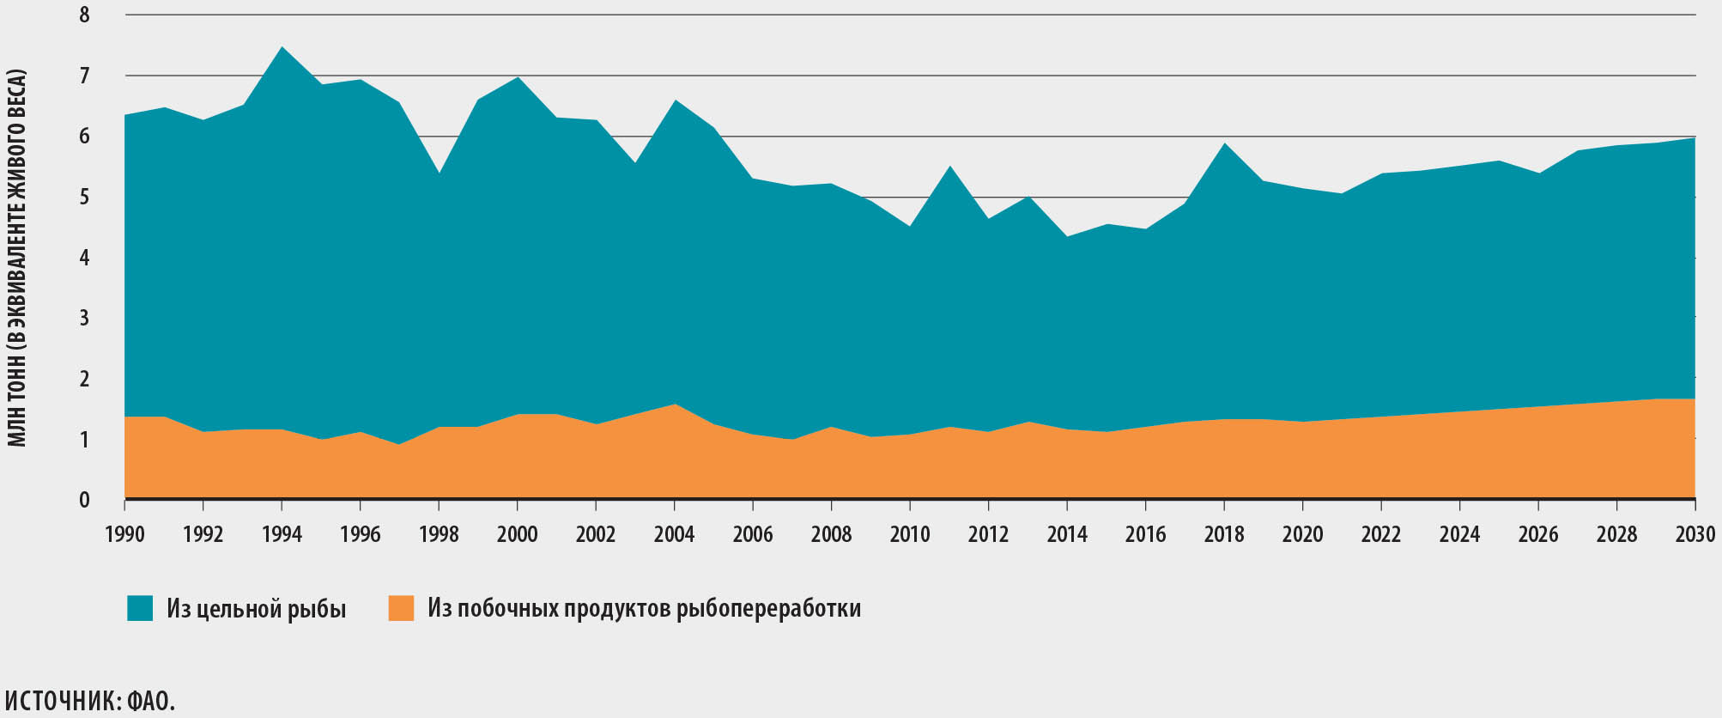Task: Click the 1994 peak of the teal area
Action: tap(282, 48)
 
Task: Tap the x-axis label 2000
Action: tap(517, 534)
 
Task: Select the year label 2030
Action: tap(1694, 534)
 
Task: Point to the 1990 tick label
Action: tap(125, 534)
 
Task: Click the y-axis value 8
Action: tap(84, 15)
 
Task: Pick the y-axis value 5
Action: tap(84, 198)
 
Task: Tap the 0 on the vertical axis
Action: tap(84, 500)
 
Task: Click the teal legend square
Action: tap(140, 608)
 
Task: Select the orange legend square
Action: tap(401, 608)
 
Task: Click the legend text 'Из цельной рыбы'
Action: tap(257, 609)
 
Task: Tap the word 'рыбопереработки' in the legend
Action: tap(768, 609)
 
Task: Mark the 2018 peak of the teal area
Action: tap(1224, 144)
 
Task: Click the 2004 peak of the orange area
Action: tap(675, 405)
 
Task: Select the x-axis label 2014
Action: tap(1067, 534)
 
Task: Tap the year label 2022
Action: tap(1381, 534)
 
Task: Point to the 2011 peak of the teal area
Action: tap(949, 167)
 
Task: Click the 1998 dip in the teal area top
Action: tap(439, 173)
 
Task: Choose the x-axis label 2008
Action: tap(831, 534)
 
